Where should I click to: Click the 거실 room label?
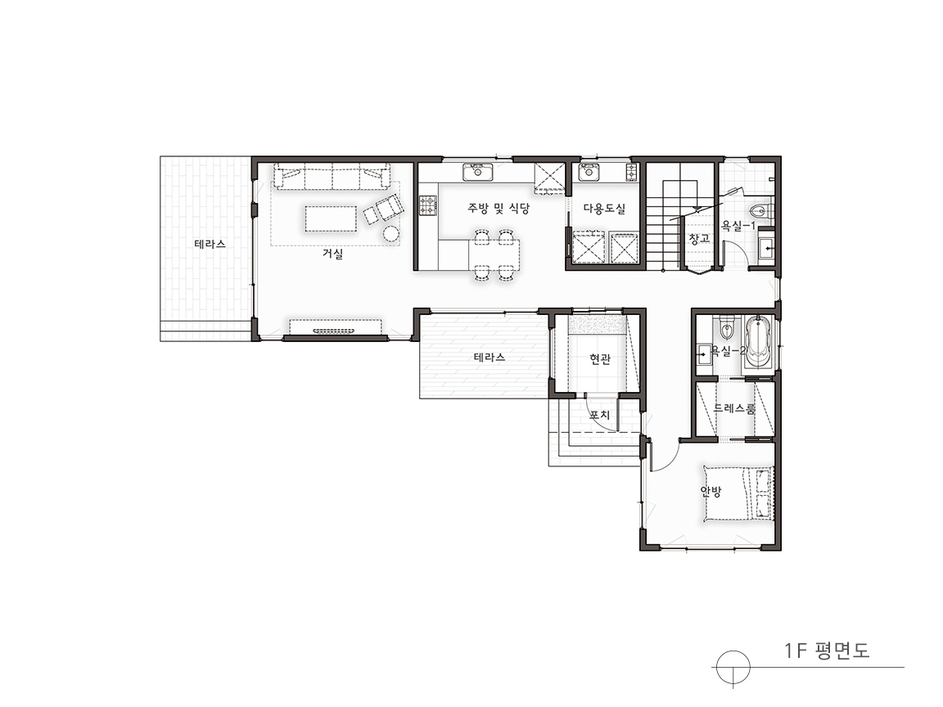(x=332, y=254)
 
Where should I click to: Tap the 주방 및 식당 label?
(x=499, y=209)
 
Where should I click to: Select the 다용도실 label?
(x=604, y=209)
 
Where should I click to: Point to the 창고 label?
(x=699, y=239)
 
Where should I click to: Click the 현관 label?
(x=600, y=359)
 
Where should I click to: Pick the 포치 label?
(x=599, y=415)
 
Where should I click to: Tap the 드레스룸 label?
(x=734, y=409)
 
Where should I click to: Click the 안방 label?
(x=711, y=491)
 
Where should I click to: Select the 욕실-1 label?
(x=738, y=226)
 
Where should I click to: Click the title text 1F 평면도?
(x=827, y=651)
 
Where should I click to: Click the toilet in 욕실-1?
(x=760, y=212)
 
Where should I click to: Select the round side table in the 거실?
(x=391, y=233)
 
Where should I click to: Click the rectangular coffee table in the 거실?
(x=331, y=218)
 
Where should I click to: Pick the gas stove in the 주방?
(x=427, y=205)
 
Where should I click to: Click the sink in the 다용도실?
(x=589, y=173)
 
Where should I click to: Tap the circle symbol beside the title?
(x=733, y=668)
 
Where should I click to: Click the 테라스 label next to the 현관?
(x=490, y=357)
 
